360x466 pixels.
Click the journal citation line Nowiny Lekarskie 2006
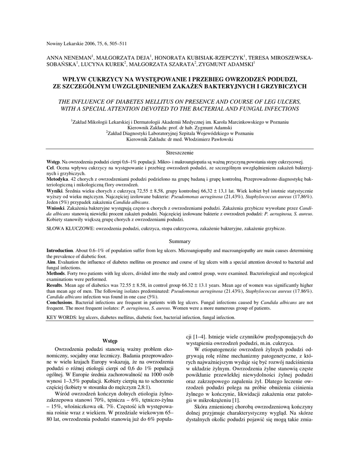[x=86, y=44]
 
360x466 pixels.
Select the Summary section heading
[x=179, y=241]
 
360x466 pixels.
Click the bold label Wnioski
[x=56, y=208]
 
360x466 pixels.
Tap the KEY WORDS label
[x=61, y=317]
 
